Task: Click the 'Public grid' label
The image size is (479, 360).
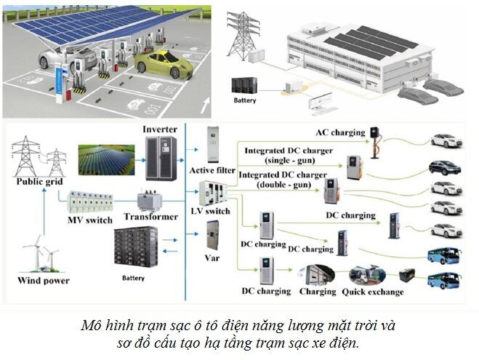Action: pos(37,182)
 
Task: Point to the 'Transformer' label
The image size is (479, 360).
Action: pos(150,217)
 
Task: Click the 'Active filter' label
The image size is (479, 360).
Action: pos(212,170)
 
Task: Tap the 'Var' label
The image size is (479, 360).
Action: pos(212,257)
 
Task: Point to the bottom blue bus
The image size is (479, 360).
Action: pos(443,281)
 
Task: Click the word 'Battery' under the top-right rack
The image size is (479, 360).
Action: pos(244,100)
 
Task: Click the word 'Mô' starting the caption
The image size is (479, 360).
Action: pos(91,325)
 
